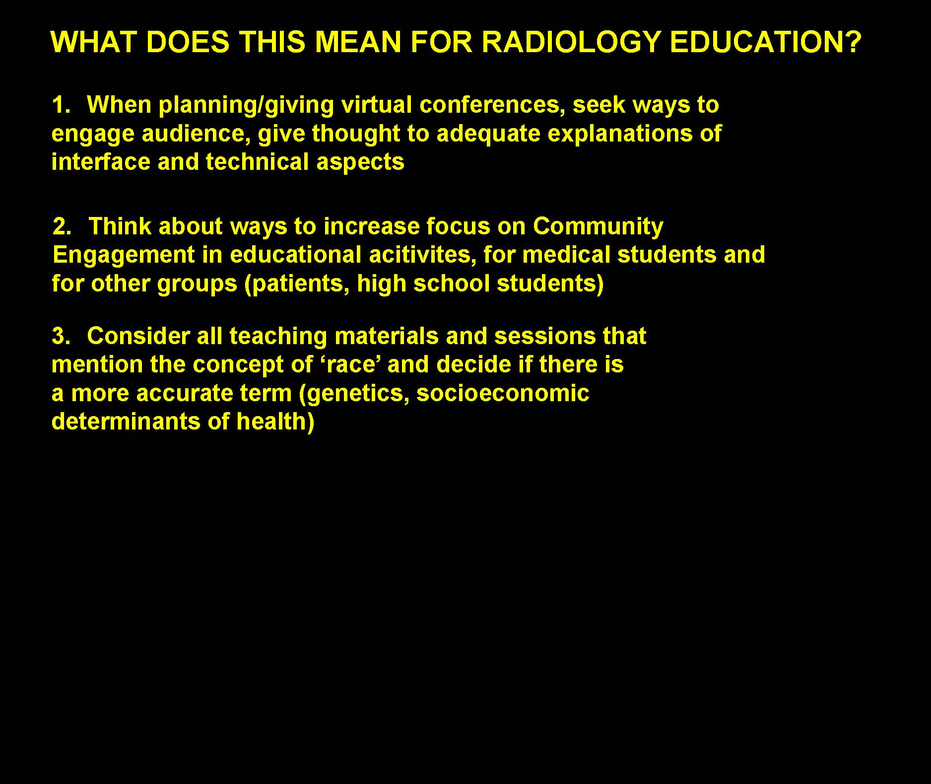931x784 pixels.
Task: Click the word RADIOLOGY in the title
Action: click(572, 42)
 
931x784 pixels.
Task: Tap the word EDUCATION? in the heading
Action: click(766, 42)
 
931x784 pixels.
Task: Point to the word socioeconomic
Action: click(503, 393)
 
